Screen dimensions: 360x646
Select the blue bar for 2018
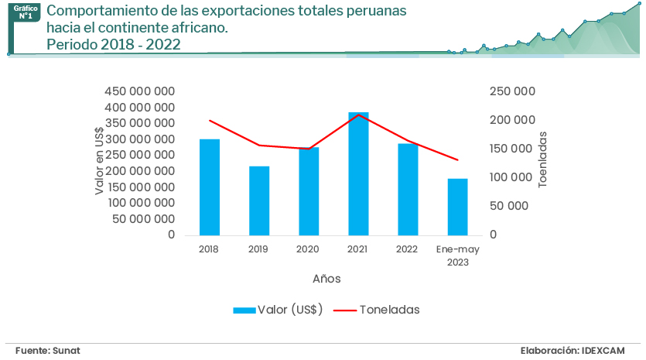click(209, 187)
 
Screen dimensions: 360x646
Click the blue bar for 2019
click(259, 201)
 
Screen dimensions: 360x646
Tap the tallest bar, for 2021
click(358, 173)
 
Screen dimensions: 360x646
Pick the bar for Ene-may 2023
click(458, 207)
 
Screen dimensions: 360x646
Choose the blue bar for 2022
click(408, 189)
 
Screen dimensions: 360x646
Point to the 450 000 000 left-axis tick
click(139, 91)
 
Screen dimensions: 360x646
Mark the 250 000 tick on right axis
click(513, 91)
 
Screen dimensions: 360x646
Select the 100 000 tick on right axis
click(513, 177)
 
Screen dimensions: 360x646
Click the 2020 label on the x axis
click(308, 249)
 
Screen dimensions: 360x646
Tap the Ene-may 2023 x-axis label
click(457, 255)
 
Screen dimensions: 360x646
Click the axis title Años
click(326, 278)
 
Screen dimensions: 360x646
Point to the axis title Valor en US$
click(99, 160)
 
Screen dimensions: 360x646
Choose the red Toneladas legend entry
click(377, 310)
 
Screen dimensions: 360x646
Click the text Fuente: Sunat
click(47, 351)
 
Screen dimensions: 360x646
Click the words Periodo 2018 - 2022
click(114, 45)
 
